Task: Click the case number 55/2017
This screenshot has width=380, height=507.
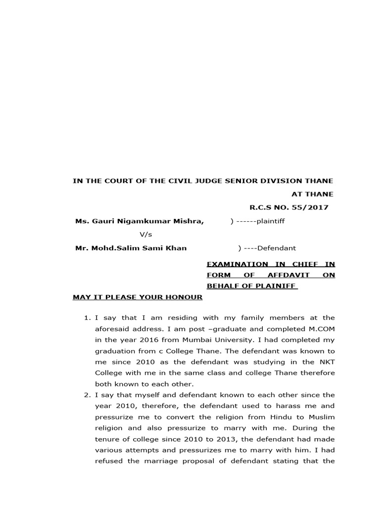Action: pos(312,207)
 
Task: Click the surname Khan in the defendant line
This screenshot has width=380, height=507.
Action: pos(176,248)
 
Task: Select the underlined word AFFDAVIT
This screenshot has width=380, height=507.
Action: pos(291,275)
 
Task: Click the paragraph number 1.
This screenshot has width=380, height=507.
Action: pos(87,318)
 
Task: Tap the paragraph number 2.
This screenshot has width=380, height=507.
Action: pos(87,395)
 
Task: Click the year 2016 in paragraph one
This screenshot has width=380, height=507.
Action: pos(146,340)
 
